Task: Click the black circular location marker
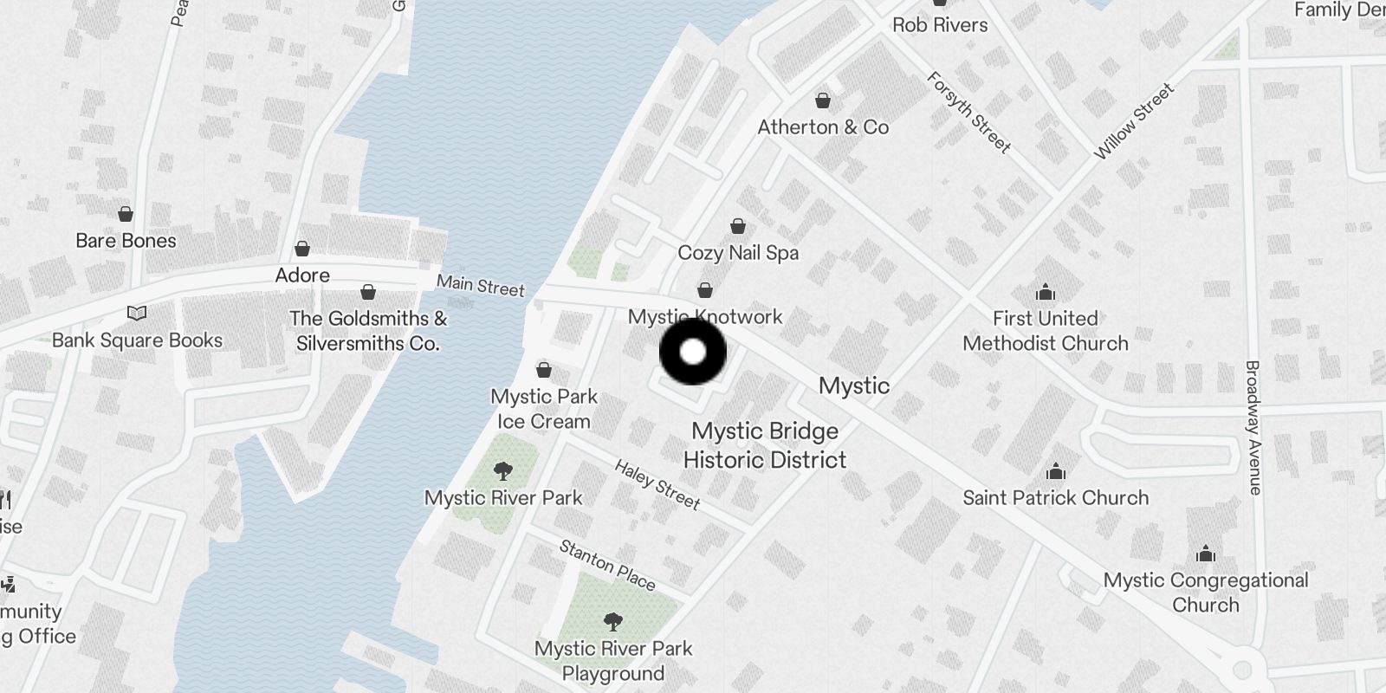[x=693, y=352]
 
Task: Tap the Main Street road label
[x=480, y=285]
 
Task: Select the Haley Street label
[x=657, y=484]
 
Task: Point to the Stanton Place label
[x=607, y=565]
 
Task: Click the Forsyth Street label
[x=968, y=112]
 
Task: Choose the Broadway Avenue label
[x=1253, y=427]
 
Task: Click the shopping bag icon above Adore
[x=302, y=249]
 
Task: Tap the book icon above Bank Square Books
[x=137, y=314]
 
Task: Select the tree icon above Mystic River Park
[x=502, y=472]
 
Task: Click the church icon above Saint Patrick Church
[x=1055, y=472]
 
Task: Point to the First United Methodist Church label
[x=1045, y=331]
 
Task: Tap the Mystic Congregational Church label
[x=1206, y=593]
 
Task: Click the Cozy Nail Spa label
[x=738, y=253]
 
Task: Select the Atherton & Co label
[x=823, y=127]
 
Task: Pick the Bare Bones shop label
[x=126, y=241]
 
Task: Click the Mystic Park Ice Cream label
[x=544, y=409]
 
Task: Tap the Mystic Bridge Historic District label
[x=765, y=445]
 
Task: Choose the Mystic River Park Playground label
[x=613, y=661]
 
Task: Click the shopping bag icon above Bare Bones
[x=126, y=214]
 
